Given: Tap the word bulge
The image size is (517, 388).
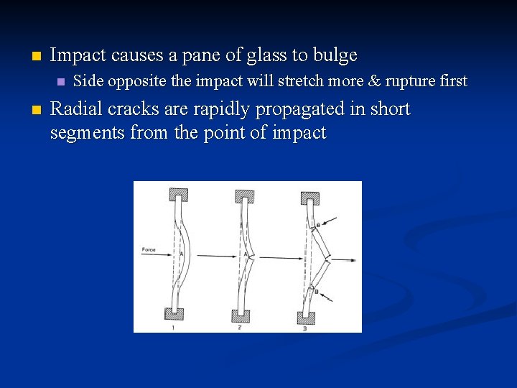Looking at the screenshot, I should (x=332, y=55).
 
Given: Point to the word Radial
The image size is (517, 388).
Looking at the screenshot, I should (x=74, y=109).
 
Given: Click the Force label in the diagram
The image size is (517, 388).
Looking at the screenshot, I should (x=149, y=250).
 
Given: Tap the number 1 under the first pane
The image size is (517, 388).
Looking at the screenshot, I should (x=173, y=327).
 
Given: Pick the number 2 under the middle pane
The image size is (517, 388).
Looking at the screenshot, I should (x=239, y=327).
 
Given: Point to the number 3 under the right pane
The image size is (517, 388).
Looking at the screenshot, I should (x=304, y=328).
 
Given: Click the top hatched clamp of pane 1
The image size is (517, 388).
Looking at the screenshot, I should (x=177, y=194).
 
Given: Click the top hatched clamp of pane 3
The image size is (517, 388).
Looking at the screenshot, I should (x=309, y=196).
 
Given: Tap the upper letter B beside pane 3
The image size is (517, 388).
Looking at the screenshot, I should (x=318, y=226).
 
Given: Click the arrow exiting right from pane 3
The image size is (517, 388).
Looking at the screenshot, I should (x=345, y=259).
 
